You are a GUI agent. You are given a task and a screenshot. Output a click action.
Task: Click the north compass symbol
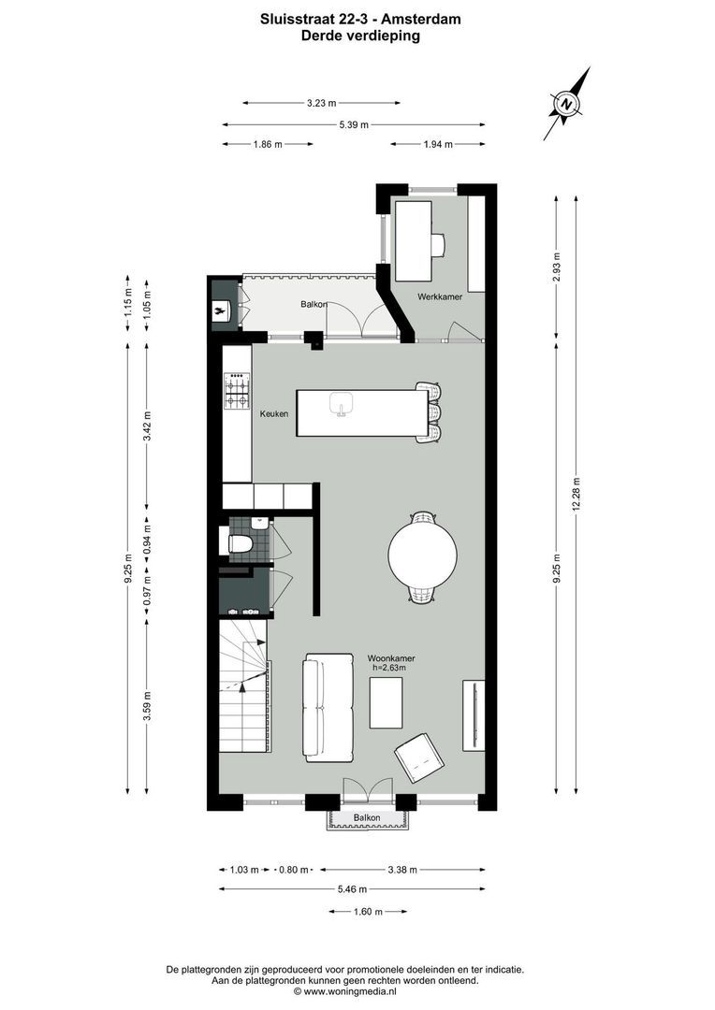coord(567,103)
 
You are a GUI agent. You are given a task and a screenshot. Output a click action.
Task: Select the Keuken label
coord(275,413)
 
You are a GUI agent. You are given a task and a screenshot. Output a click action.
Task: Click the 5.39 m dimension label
coord(353,124)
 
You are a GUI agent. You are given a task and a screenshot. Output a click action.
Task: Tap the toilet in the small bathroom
coord(241,543)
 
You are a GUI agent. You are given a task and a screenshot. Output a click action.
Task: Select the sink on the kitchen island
coord(342,403)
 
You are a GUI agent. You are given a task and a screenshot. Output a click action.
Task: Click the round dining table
coord(423,553)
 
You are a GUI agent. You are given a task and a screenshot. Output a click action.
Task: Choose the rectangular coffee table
coord(387,702)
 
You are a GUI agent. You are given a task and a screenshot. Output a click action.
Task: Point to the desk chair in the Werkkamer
coord(437,244)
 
